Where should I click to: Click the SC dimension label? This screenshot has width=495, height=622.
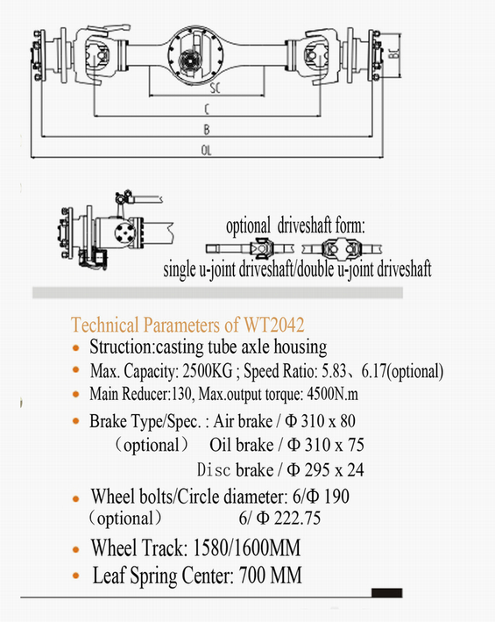(x=215, y=88)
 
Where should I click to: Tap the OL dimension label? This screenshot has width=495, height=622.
(x=206, y=150)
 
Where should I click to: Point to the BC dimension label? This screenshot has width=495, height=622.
(x=393, y=54)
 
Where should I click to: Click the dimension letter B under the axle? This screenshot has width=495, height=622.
(x=206, y=130)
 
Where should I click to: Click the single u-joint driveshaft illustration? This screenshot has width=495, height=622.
(x=250, y=249)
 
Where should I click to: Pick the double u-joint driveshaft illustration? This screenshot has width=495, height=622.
(x=342, y=249)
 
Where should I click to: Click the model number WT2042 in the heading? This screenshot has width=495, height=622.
(x=274, y=325)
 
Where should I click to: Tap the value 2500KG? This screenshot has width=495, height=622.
(x=208, y=371)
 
